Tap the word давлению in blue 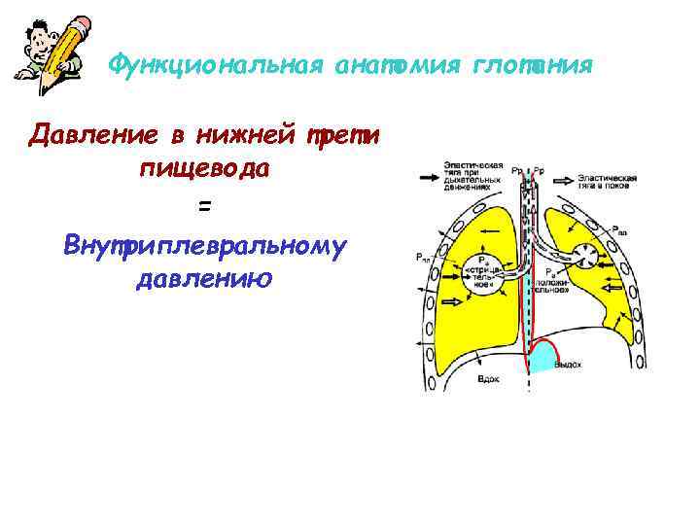tap(202, 280)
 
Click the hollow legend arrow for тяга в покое tap(563, 180)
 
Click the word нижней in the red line tap(242, 134)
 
